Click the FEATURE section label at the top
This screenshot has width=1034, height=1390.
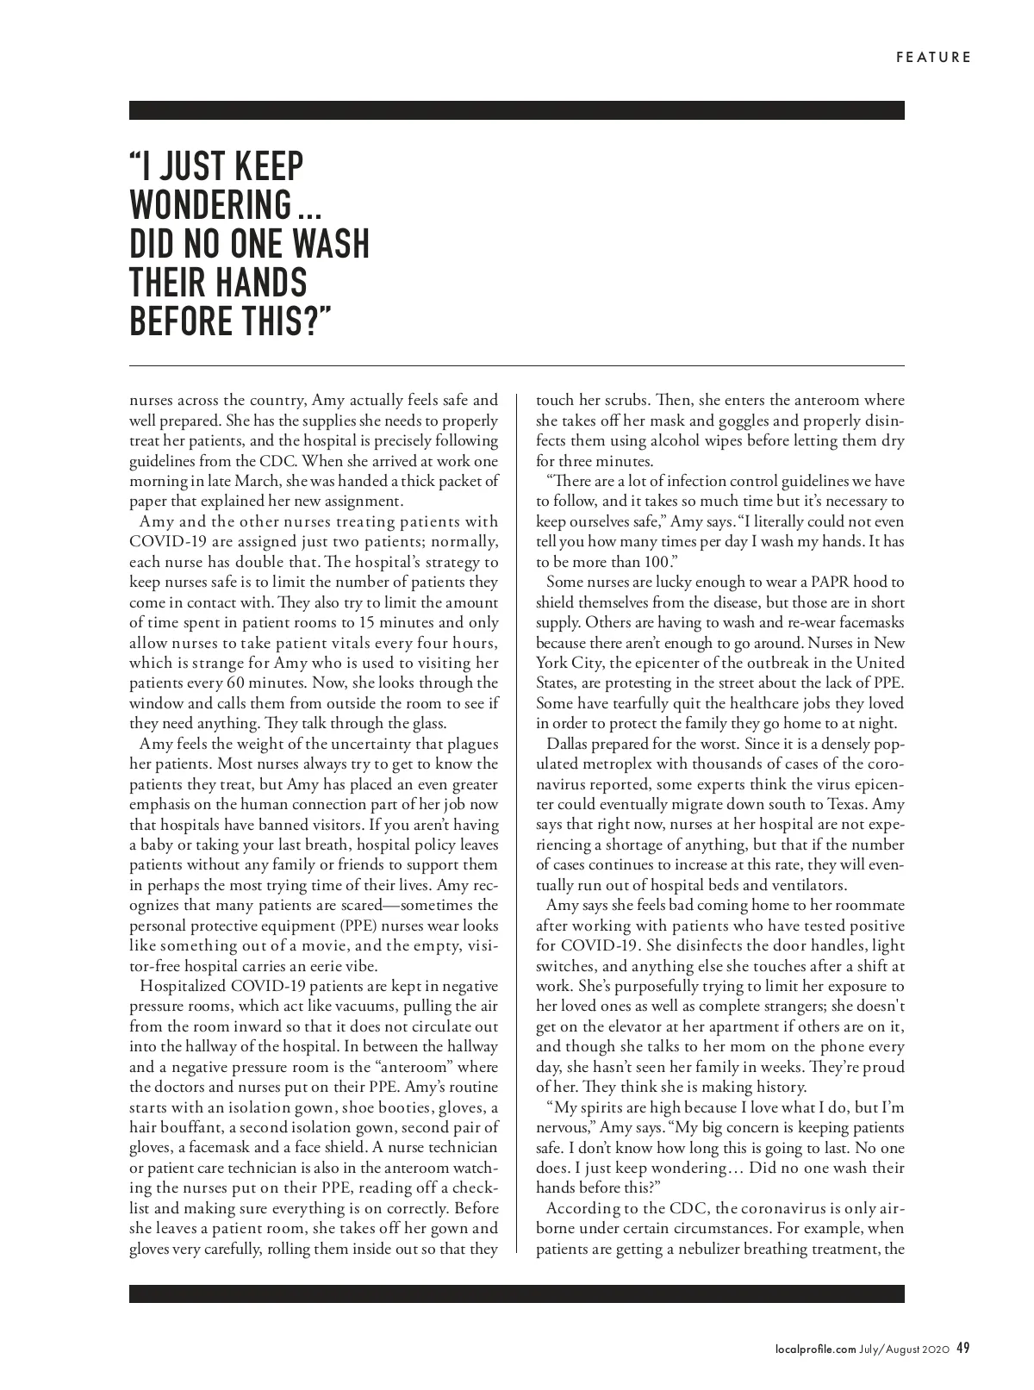(933, 58)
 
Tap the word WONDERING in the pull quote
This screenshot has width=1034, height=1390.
(210, 205)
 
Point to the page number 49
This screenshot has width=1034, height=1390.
(963, 1349)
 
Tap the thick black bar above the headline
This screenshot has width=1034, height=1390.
(517, 110)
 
